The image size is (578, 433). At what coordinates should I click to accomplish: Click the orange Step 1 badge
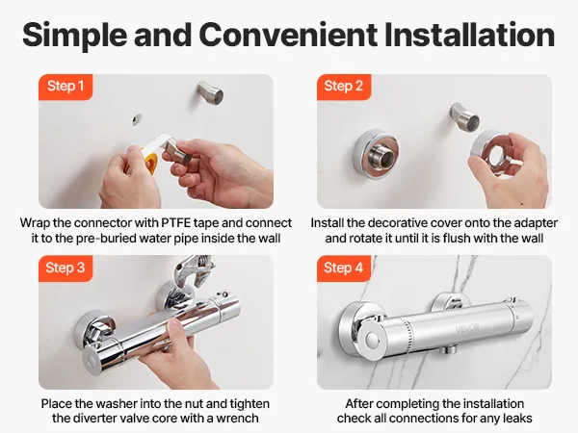[x=66, y=87]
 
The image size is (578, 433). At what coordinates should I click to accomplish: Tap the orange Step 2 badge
[x=344, y=87]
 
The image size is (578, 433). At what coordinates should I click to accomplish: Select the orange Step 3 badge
[x=66, y=268]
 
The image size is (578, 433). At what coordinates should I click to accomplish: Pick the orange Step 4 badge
[x=344, y=268]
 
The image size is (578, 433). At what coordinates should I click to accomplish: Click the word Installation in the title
[x=469, y=36]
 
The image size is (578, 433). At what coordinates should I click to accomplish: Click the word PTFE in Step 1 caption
[x=175, y=223]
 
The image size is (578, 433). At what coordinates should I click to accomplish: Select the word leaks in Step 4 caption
[x=516, y=419]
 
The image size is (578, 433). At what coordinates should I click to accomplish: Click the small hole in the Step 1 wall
[x=137, y=119]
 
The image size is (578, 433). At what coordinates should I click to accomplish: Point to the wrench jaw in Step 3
[x=195, y=269]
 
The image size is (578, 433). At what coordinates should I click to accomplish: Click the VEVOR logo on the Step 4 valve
[x=468, y=328]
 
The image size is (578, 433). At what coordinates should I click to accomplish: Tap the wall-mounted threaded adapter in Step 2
[x=383, y=156]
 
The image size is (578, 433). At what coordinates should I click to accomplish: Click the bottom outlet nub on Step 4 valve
[x=447, y=349]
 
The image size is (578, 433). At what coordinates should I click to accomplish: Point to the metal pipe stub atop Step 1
[x=210, y=92]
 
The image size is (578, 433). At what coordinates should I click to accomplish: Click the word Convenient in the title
[x=288, y=36]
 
